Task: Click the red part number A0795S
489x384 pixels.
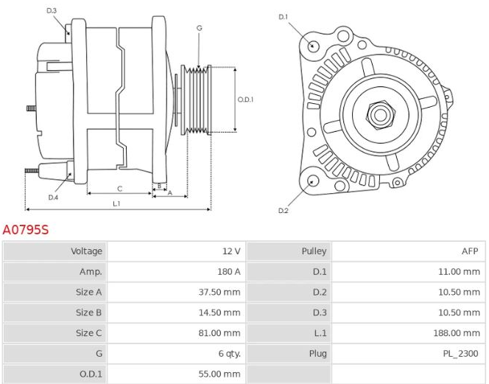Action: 26,230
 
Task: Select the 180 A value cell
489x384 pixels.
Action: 228,271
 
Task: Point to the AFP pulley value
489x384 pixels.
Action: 470,251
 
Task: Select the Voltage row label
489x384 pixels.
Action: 86,251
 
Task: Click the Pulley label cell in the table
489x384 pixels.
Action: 314,251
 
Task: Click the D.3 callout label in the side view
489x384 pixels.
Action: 52,10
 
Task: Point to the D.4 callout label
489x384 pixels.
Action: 53,198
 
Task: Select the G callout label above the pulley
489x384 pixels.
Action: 199,28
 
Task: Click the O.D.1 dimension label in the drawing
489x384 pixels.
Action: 245,100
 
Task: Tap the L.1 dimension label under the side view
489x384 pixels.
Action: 117,203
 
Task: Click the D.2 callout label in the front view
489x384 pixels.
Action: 284,211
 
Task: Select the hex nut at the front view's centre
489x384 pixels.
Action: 380,114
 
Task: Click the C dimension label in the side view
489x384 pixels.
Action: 119,189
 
